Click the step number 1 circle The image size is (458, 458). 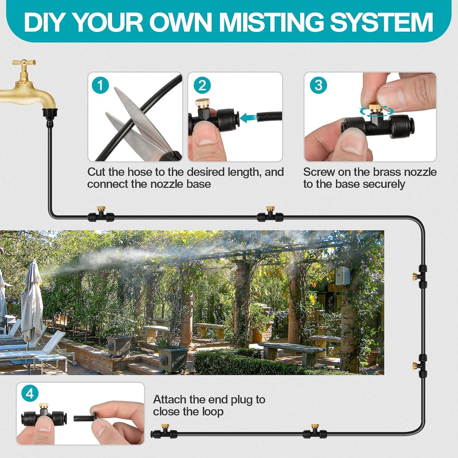click(x=100, y=85)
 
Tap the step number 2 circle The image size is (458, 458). click(x=202, y=85)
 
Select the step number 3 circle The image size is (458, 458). click(x=318, y=85)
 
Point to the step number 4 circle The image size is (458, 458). click(x=30, y=394)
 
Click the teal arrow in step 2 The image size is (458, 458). click(x=248, y=118)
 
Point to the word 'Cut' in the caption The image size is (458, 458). click(x=96, y=172)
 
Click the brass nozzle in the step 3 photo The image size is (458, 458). click(x=376, y=108)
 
